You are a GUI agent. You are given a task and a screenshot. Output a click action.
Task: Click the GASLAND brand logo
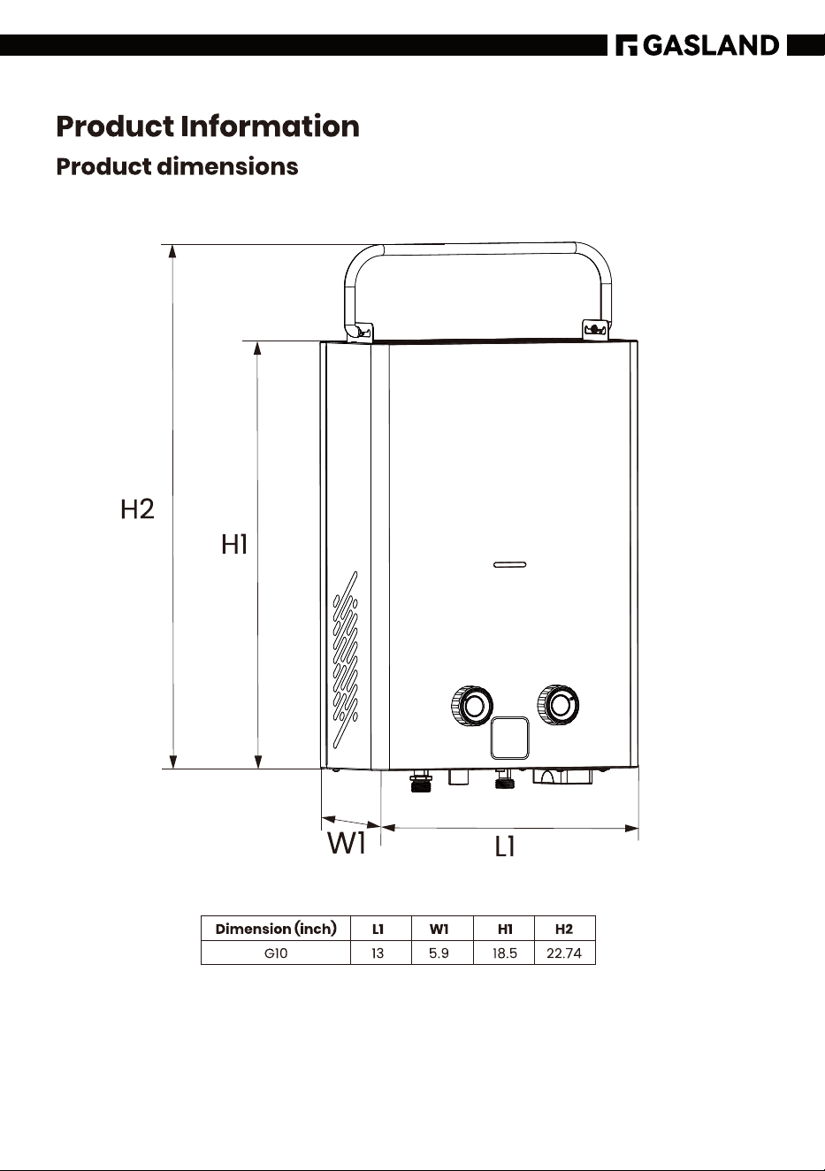click(697, 45)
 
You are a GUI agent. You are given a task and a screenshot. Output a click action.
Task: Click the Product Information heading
click(208, 126)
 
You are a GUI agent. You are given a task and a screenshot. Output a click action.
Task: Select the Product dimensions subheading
click(177, 167)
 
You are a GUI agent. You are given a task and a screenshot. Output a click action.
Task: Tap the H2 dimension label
click(138, 509)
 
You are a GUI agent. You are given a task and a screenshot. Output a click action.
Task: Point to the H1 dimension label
click(234, 544)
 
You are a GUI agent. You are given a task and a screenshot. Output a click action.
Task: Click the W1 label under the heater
click(346, 843)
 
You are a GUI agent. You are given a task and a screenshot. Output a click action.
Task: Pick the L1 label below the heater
click(505, 846)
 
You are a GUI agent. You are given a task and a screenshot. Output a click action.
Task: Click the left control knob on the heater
click(471, 706)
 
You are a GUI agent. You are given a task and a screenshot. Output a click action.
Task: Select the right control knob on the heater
click(558, 704)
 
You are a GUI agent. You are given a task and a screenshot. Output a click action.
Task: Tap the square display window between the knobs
click(509, 738)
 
